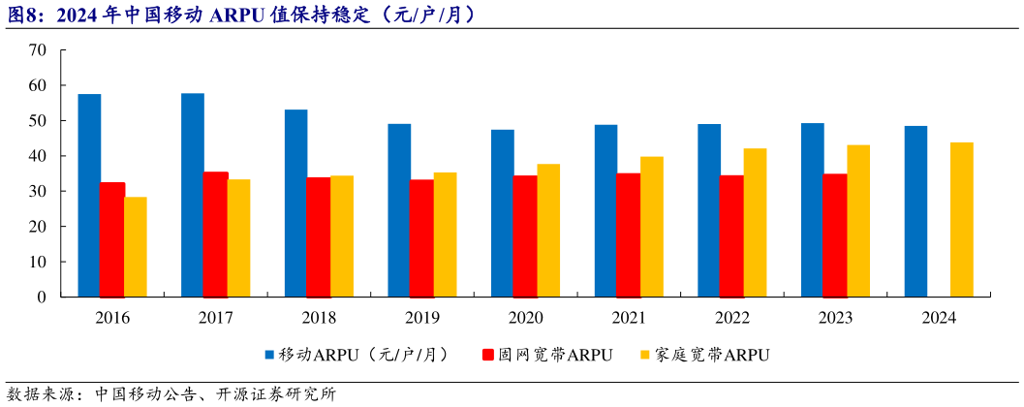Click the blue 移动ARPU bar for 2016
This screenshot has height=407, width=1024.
coord(89,195)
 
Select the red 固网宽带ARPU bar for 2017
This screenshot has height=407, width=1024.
coord(215,234)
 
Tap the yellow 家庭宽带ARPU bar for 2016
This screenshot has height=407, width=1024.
coord(136,246)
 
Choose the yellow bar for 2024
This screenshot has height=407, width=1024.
coord(961,219)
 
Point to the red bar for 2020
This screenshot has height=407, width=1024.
coord(525,235)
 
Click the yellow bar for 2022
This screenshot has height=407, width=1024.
coord(755,222)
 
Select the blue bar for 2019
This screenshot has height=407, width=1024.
coord(399,209)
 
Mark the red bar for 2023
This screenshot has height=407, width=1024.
coord(835,235)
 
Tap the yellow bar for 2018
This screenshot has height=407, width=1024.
coord(342,235)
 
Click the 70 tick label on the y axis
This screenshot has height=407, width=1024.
coord(38,50)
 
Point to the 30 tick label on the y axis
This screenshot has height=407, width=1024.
coord(38,191)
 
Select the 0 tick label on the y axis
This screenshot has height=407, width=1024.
coord(42,297)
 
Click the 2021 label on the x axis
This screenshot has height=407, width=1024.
coord(630,318)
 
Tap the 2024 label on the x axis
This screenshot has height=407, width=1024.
coord(939,318)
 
